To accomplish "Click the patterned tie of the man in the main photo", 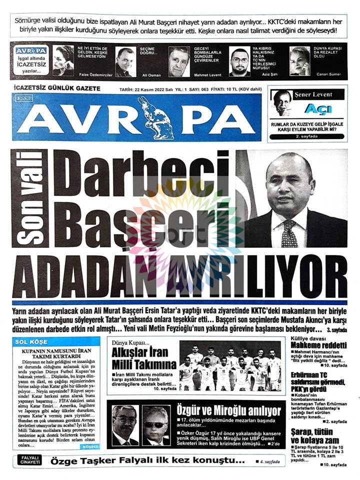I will click(x=289, y=233).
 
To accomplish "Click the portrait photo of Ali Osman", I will click(x=125, y=61).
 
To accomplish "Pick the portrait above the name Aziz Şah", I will click(x=240, y=61).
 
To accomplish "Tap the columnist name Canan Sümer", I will click(x=328, y=74).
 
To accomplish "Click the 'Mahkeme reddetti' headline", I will click(x=318, y=345).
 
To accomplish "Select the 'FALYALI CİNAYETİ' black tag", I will click(x=30, y=460).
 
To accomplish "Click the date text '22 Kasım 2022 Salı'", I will click(x=165, y=89).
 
